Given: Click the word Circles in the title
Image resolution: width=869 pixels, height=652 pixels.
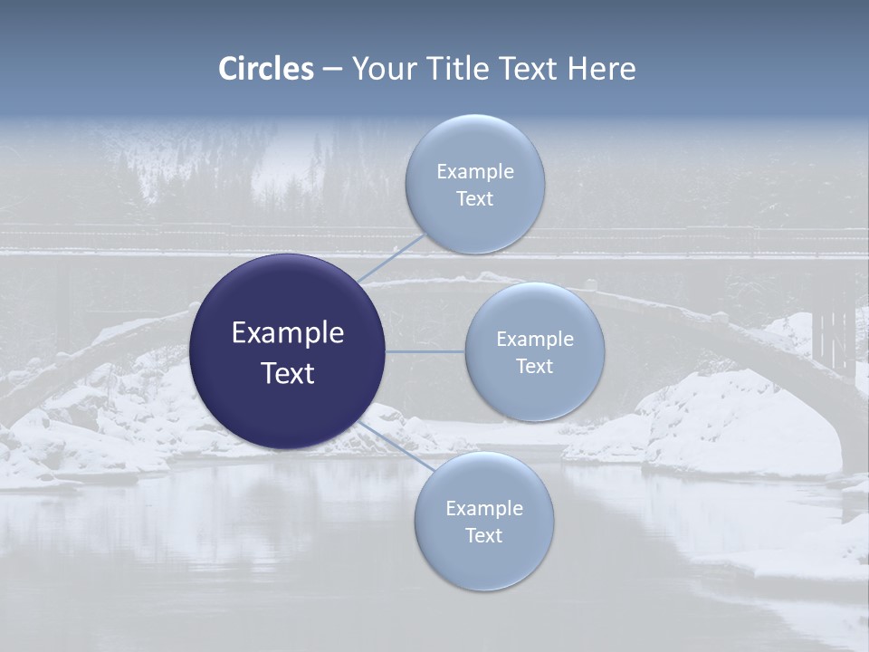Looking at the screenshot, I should click(x=266, y=68).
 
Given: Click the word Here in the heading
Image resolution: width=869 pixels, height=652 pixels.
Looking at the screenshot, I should click(x=601, y=68).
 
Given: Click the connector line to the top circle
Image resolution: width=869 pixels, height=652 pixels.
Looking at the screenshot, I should click(x=391, y=257).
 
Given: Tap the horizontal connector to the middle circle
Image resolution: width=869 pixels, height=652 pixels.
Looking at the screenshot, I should click(x=425, y=350).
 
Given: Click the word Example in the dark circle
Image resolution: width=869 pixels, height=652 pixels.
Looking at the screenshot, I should click(x=287, y=332).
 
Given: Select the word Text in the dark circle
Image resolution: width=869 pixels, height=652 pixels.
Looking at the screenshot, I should click(x=287, y=373).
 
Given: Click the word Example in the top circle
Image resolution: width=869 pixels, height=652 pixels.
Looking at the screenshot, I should click(x=474, y=171).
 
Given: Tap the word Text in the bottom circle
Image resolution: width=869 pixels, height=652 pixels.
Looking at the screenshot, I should click(x=483, y=535).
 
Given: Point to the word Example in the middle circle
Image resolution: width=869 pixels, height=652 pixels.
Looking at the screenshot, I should click(x=534, y=339).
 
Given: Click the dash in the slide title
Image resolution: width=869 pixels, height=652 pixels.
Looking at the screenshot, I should click(x=332, y=68).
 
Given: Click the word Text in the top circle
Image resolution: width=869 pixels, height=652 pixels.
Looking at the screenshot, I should click(x=474, y=198).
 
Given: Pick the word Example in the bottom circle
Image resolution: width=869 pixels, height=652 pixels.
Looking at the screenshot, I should click(x=483, y=508).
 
